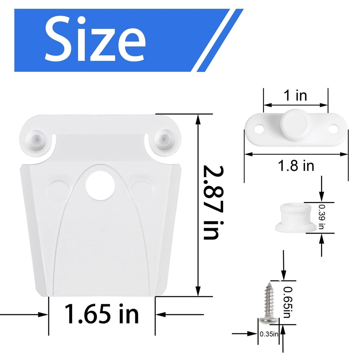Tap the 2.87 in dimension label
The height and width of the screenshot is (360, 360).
coord(212,203)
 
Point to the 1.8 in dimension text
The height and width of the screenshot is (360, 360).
coord(296,166)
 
